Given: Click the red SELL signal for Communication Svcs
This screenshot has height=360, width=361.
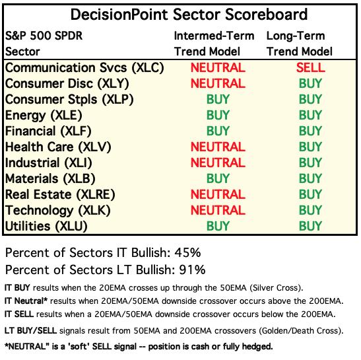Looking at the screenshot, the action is pyautogui.click(x=311, y=67).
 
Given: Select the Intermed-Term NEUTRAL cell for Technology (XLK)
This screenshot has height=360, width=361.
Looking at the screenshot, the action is pyautogui.click(x=218, y=210).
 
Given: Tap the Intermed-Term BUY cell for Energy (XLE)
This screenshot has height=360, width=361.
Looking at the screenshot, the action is pyautogui.click(x=218, y=115).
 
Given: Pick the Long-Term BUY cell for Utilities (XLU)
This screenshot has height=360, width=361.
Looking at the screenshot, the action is pyautogui.click(x=310, y=226).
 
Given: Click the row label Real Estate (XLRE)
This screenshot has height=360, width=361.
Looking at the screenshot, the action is pyautogui.click(x=60, y=194).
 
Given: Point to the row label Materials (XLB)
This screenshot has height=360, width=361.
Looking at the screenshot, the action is pyautogui.click(x=50, y=178).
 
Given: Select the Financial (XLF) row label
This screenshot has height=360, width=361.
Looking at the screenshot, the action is pyautogui.click(x=48, y=131).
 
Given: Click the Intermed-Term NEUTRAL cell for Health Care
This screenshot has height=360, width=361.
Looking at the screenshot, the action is pyautogui.click(x=218, y=147).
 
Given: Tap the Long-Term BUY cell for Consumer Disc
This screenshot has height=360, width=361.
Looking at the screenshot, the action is pyautogui.click(x=310, y=83).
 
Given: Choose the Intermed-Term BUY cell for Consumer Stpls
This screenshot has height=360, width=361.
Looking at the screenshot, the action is pyautogui.click(x=218, y=99).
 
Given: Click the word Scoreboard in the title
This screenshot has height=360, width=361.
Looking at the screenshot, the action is pyautogui.click(x=266, y=15).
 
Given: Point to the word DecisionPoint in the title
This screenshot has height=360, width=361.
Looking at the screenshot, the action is pyautogui.click(x=119, y=15).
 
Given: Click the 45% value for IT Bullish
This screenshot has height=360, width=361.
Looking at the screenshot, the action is pyautogui.click(x=187, y=252).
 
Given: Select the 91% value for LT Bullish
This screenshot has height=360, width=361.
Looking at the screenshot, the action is pyautogui.click(x=192, y=270).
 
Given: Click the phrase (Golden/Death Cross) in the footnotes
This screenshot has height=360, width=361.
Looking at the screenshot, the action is pyautogui.click(x=301, y=331).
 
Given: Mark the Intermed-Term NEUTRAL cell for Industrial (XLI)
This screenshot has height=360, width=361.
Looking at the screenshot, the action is pyautogui.click(x=218, y=162).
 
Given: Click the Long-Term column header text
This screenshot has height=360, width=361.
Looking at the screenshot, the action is pyautogui.click(x=296, y=36).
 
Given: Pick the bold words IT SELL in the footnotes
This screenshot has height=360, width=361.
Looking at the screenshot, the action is pyautogui.click(x=19, y=314).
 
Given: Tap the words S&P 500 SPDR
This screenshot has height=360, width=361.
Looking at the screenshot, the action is pyautogui.click(x=44, y=36).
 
